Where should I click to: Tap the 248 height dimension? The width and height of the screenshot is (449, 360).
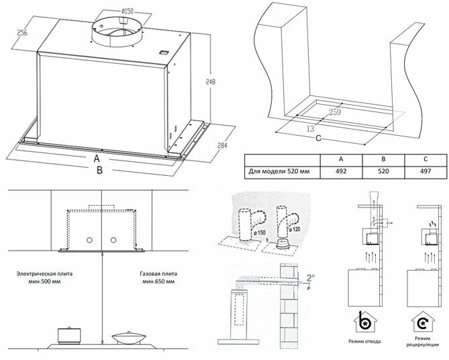coord(209,82)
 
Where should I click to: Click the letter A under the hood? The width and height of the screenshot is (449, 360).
coord(97,159)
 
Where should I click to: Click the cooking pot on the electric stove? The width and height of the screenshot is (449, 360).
coord(69,334)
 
